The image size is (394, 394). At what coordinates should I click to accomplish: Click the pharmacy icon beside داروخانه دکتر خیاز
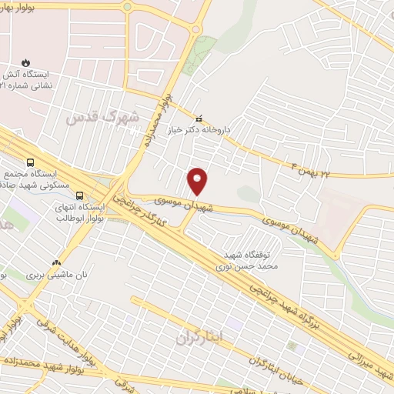tap(199, 119)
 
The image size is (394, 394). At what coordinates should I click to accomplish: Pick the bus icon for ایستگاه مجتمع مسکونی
tap(30, 162)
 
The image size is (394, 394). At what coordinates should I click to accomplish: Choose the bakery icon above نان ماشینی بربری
tap(55, 262)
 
